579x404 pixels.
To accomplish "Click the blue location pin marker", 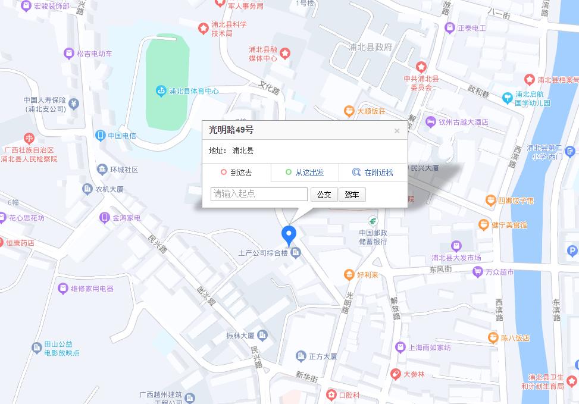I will (x=289, y=234).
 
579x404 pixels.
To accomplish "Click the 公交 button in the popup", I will (x=324, y=195).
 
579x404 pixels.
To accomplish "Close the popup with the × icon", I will (x=397, y=131).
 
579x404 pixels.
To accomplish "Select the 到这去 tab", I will (x=236, y=173).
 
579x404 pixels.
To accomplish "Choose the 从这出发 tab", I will (x=305, y=173).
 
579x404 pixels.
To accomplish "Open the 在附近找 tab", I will (x=373, y=173).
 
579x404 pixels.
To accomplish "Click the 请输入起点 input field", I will (x=259, y=194).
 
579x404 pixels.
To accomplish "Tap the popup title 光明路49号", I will (x=231, y=130).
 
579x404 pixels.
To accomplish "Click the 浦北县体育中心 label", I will (x=194, y=92).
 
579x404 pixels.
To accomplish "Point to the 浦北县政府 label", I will (x=370, y=47).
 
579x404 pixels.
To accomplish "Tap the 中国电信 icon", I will (x=101, y=135).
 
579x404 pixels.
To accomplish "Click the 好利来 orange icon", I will (x=349, y=274).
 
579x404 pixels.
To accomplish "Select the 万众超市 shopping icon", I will (x=477, y=272).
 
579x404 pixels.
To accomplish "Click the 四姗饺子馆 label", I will (x=515, y=201).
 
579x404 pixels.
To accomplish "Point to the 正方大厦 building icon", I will (x=301, y=356).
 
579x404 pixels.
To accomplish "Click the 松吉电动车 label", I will (x=94, y=54).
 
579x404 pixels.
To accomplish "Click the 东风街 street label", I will (x=440, y=269).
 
